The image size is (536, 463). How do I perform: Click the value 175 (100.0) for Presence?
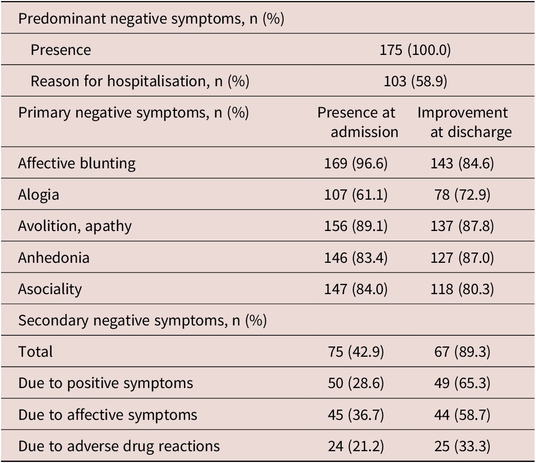[415, 50]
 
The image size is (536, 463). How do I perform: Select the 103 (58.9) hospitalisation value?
[415, 82]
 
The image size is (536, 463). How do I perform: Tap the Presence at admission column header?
[358, 122]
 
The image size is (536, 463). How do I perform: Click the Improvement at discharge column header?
[464, 122]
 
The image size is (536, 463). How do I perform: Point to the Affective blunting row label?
[77, 164]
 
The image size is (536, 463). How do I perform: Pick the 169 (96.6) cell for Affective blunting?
[356, 164]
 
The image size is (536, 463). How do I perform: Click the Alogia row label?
[39, 195]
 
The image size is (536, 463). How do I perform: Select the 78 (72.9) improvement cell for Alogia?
[462, 195]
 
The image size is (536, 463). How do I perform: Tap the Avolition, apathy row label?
[75, 226]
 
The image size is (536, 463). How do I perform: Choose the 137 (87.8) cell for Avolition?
[462, 226]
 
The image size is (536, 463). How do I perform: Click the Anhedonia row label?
[53, 258]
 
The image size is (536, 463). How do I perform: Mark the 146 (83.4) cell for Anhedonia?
[356, 258]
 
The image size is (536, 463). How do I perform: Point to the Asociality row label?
[50, 289]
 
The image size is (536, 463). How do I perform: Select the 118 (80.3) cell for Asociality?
[462, 289]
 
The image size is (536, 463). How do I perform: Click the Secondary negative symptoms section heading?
[142, 321]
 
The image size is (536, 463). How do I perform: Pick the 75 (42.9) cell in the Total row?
[356, 352]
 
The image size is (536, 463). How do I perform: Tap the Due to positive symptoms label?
[106, 383]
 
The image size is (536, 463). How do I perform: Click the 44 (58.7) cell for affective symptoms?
[462, 415]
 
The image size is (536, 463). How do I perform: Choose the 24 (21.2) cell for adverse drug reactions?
[356, 447]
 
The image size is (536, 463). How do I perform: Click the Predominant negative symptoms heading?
[151, 19]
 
